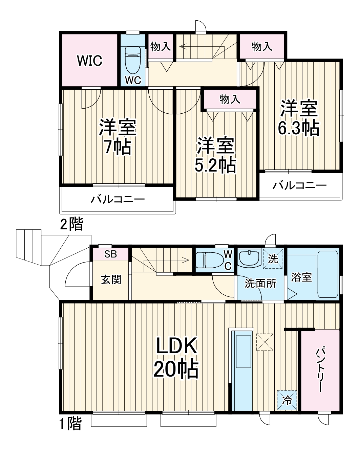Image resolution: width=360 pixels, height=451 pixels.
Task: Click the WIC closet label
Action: pyautogui.click(x=89, y=61)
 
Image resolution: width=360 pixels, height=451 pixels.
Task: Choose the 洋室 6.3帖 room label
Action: pyautogui.click(x=298, y=118)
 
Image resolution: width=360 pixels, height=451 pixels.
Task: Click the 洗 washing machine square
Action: pyautogui.click(x=273, y=259)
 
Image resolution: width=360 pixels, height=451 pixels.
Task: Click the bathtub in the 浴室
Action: pyautogui.click(x=327, y=274)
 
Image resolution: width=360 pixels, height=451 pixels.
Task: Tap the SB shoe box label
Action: pyautogui.click(x=110, y=254)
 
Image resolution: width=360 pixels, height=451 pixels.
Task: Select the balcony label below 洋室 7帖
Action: pyautogui.click(x=118, y=199)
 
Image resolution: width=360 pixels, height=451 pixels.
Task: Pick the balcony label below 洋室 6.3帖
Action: pyautogui.click(x=300, y=185)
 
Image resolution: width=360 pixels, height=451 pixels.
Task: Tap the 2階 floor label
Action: pyautogui.click(x=71, y=224)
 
